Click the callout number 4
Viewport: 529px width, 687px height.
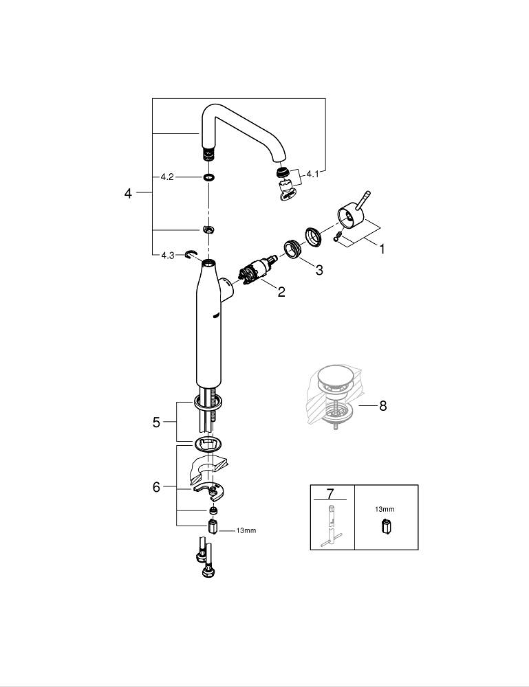coord(128,194)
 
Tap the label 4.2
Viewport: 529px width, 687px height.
coord(166,177)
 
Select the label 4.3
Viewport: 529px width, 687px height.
coord(167,255)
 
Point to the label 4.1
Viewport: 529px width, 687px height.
coord(313,174)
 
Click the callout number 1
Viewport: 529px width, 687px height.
coord(382,249)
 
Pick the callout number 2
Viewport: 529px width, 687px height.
coord(281,292)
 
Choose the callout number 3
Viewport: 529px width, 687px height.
coord(319,270)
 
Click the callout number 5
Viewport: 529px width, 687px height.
coord(156,423)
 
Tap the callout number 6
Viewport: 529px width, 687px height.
coord(156,487)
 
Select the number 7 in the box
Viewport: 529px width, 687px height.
coord(330,493)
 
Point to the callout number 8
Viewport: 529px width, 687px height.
coord(382,406)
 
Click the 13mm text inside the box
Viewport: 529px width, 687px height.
coord(385,509)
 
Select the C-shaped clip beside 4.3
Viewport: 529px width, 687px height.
coord(191,256)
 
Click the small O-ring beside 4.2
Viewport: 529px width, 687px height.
coord(208,177)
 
